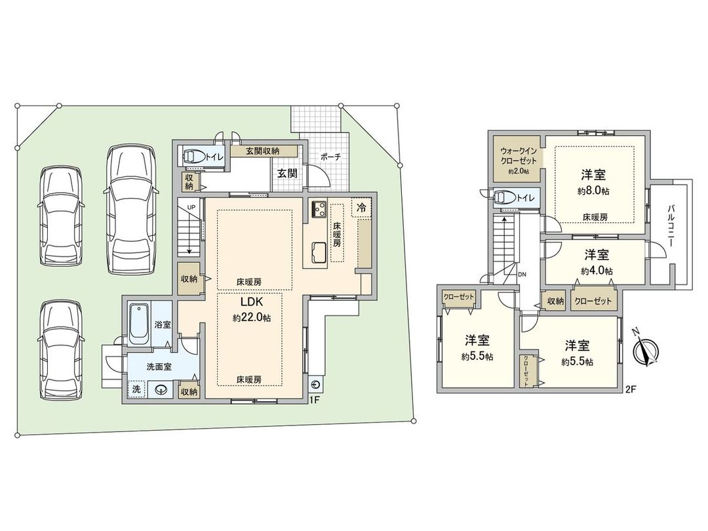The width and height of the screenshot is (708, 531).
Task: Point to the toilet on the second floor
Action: tap(505, 197)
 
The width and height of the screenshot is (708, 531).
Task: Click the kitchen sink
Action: tap(319, 252)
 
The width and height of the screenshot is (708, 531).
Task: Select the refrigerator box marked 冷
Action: tap(361, 206)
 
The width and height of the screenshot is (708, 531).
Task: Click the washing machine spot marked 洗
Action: tap(136, 389)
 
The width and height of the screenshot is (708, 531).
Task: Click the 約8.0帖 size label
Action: tap(592, 191)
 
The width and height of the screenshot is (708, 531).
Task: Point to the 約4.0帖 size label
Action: tap(595, 270)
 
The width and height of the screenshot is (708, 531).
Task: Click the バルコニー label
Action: tap(672, 224)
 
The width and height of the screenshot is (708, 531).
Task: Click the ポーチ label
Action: tap(329, 157)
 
